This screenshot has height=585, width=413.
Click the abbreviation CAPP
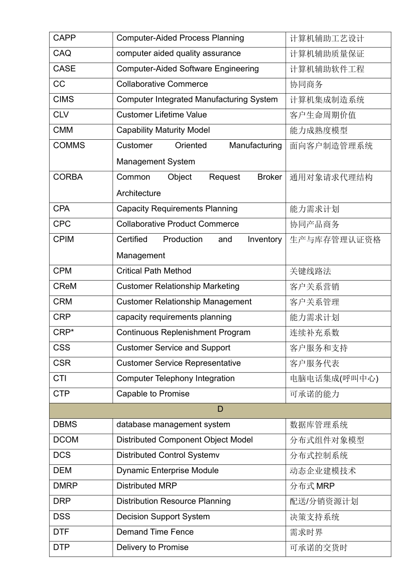pos(64,38)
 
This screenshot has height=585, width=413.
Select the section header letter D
pos(220,409)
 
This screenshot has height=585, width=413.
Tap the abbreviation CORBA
pos(68,177)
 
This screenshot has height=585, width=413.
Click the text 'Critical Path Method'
pos(154,271)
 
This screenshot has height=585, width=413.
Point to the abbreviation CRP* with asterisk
pos(63,333)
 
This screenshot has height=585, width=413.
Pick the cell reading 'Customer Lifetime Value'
pos(162,115)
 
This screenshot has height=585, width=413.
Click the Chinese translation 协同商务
pos(306,84)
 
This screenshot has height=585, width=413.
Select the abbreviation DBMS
pos(65,424)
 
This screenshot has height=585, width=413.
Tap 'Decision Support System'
pos(163,517)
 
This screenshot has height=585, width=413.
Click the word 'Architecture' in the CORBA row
pos(139,193)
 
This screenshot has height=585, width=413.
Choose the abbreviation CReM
pos(65,286)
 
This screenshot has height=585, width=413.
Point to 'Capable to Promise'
pos(153,394)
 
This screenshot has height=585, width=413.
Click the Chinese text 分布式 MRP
pos(312,486)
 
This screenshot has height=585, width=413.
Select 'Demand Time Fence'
pos(155,532)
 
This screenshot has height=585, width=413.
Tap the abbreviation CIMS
pos(63,100)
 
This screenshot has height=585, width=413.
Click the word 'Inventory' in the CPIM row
pos(265,239)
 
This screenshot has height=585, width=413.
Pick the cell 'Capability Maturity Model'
pos(163,130)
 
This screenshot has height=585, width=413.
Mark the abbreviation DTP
pos(61,547)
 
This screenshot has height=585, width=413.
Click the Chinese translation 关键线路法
pos(310,271)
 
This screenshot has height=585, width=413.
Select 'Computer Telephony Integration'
pos(176,379)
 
